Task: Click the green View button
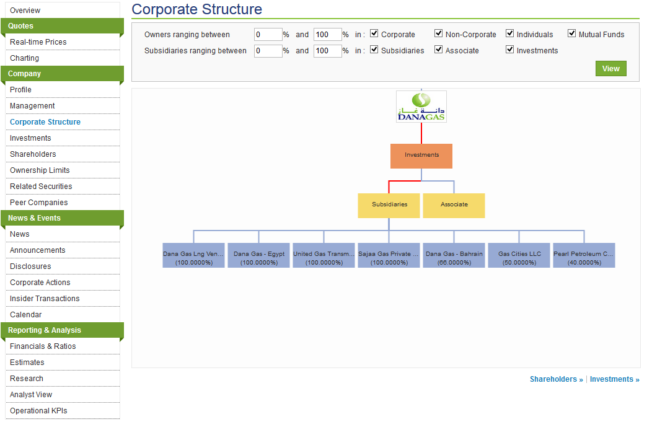pyautogui.click(x=611, y=69)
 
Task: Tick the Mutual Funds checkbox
pyautogui.click(x=572, y=33)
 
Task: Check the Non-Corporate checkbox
pyautogui.click(x=438, y=33)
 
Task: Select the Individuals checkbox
pyautogui.click(x=510, y=33)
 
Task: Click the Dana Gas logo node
pyautogui.click(x=421, y=107)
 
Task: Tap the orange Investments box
pyautogui.click(x=421, y=156)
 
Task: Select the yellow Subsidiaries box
pyautogui.click(x=389, y=205)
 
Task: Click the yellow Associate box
pyautogui.click(x=454, y=205)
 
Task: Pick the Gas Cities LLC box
pyautogui.click(x=519, y=255)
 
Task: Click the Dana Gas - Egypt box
pyautogui.click(x=258, y=255)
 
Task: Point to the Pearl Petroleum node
pyautogui.click(x=584, y=255)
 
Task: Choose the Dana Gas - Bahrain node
pyautogui.click(x=454, y=255)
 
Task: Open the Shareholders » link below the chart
pyautogui.click(x=557, y=379)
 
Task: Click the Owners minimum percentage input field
pyautogui.click(x=268, y=35)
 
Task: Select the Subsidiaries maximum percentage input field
pyautogui.click(x=328, y=51)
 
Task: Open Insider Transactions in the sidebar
pyautogui.click(x=45, y=299)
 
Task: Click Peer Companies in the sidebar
pyautogui.click(x=38, y=203)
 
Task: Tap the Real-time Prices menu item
pyautogui.click(x=38, y=42)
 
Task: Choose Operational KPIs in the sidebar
pyautogui.click(x=38, y=411)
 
